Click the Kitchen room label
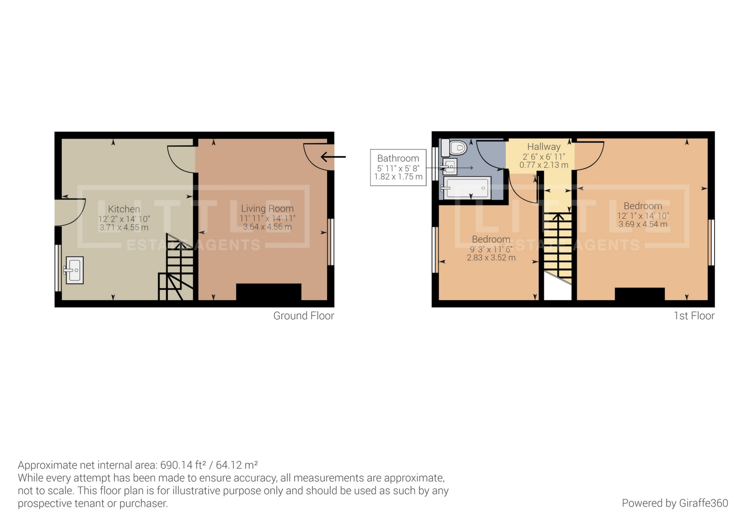pos(124,209)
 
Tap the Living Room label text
pos(267,209)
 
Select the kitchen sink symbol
pos(74,270)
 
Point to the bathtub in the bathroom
pos(467,188)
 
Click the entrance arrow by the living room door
pos(333,157)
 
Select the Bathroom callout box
pos(398,167)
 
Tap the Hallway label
pos(544,147)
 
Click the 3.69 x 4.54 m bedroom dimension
pos(643,224)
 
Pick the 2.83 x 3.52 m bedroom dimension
pos(491,257)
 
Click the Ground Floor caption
pos(303,316)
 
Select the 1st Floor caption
pos(694,316)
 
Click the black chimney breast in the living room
pos(268,292)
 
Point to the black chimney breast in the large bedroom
pos(639,294)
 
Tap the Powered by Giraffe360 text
pos(675,503)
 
